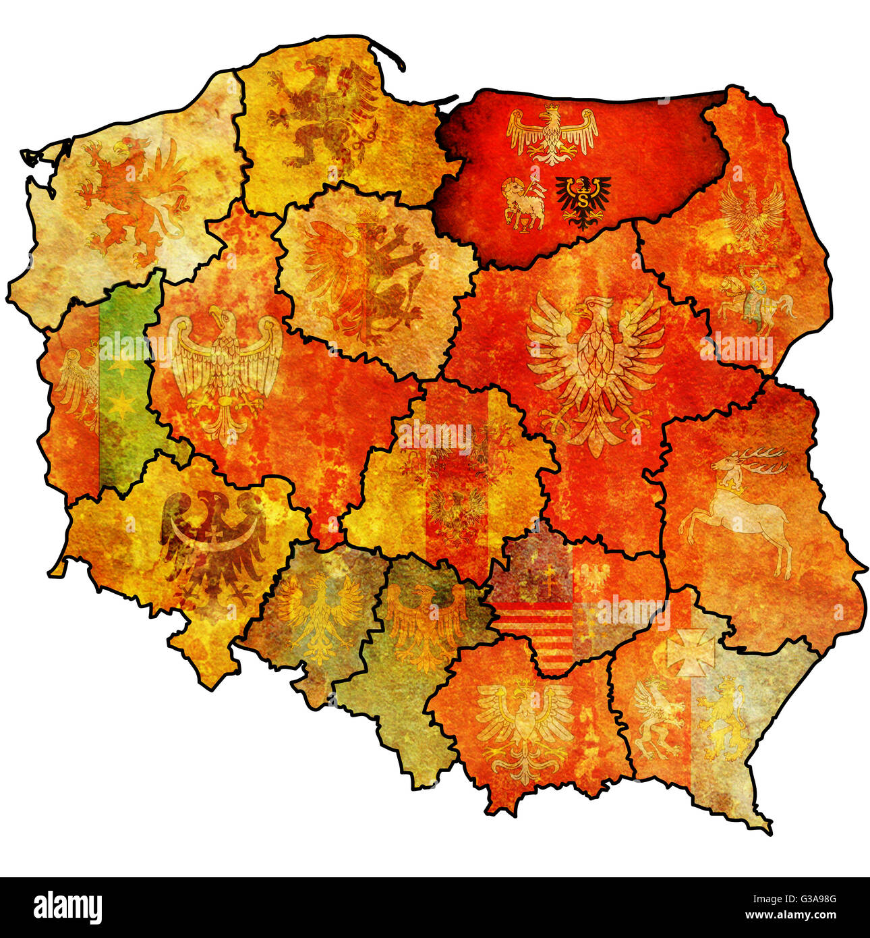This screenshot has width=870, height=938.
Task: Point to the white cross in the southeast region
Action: coord(690,652)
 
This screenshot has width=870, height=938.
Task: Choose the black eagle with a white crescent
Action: coord(214,540)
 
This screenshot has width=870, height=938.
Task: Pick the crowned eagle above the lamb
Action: coord(552,134)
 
